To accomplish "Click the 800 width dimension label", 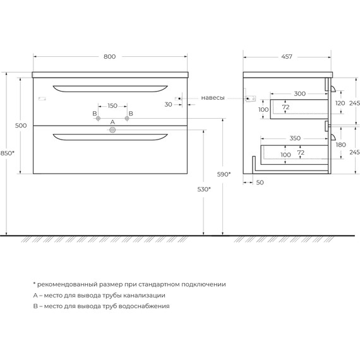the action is coord(109,56).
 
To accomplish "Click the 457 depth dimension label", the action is coord(287,56).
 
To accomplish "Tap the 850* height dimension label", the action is coord(8,153).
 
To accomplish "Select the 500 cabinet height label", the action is coord(21,125).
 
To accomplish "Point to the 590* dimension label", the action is coord(224,174).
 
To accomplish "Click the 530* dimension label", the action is coord(204,189).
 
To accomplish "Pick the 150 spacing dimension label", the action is coord(112,105).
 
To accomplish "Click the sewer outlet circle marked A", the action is coord(112,130).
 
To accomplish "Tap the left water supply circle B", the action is coord(98,119).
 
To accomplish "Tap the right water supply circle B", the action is coord(127,119).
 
